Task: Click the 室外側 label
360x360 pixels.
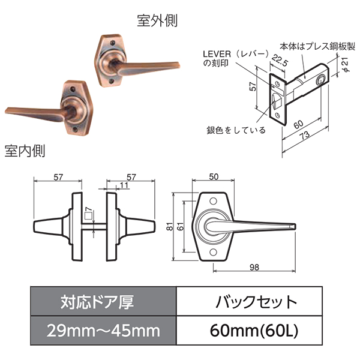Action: (157, 21)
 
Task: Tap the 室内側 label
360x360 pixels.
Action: (25, 151)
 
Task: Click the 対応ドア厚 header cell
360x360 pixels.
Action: (103, 301)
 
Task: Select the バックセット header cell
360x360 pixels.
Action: (249, 301)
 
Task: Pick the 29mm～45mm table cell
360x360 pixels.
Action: (103, 331)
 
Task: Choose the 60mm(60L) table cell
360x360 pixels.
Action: (249, 331)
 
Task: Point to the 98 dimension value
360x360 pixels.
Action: (254, 268)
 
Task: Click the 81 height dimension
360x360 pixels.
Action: (169, 227)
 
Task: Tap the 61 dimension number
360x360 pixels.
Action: (181, 227)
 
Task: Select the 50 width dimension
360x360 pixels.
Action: (214, 177)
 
